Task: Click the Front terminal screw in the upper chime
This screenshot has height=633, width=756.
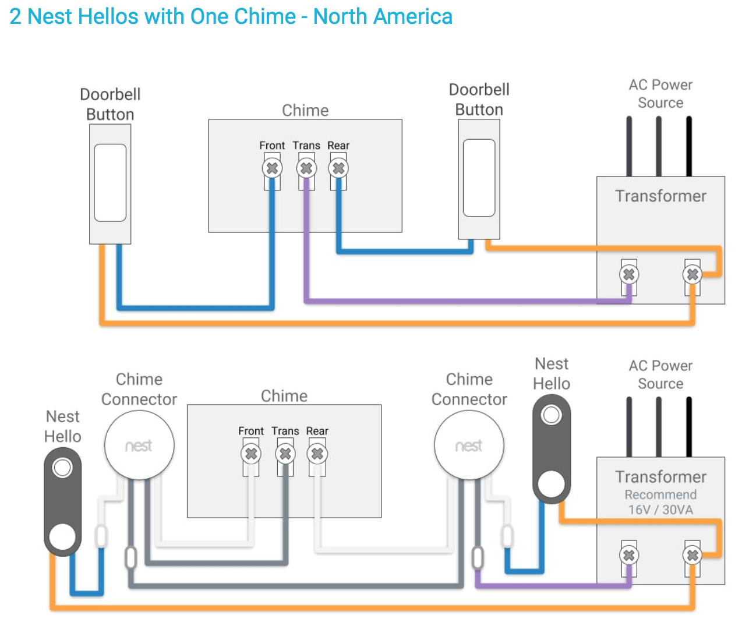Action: tap(272, 169)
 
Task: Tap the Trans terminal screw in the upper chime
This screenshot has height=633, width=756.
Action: tap(306, 169)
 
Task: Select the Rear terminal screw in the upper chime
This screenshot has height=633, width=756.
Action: tap(338, 169)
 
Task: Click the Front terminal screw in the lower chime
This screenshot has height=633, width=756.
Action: tap(251, 454)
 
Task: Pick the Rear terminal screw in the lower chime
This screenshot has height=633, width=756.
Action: tap(317, 454)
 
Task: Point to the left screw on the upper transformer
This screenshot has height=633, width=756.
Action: tap(628, 274)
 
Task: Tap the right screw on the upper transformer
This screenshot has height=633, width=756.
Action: tap(693, 274)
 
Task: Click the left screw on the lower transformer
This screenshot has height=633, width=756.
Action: tap(628, 555)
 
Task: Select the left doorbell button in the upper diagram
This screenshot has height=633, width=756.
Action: tap(110, 183)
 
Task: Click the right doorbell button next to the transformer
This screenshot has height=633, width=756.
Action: tap(479, 178)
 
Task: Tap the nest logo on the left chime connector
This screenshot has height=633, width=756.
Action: tap(139, 446)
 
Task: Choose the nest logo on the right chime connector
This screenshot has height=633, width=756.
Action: tap(469, 446)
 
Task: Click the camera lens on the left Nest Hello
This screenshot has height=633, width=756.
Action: tap(62, 468)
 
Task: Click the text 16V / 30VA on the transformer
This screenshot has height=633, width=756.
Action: tap(660, 510)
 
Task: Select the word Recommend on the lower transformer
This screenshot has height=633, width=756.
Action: tap(660, 495)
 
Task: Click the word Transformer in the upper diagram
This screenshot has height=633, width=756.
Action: tap(660, 196)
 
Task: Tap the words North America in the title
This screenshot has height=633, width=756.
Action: tap(383, 16)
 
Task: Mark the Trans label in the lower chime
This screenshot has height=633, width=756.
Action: tap(285, 431)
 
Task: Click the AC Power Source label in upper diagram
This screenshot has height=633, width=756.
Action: tap(660, 94)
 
